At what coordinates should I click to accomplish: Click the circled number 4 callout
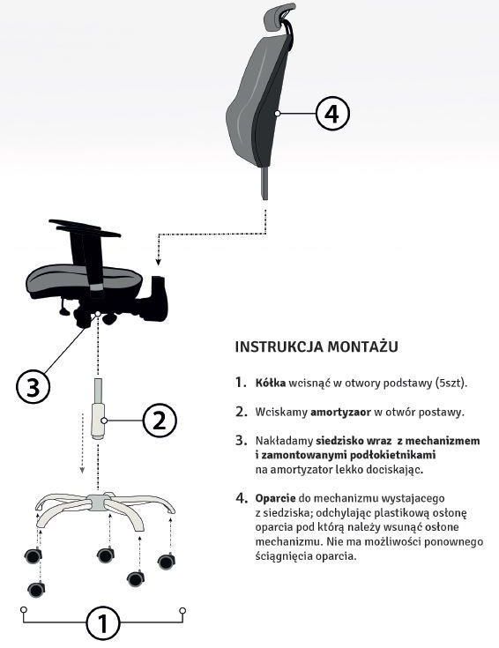(332, 113)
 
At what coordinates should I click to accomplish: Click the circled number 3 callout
(34, 387)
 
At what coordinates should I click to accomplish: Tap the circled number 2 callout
(160, 421)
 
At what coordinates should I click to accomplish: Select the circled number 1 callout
(103, 623)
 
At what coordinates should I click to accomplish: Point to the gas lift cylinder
(98, 408)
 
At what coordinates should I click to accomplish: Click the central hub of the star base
(97, 503)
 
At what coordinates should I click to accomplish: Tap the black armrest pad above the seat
(85, 227)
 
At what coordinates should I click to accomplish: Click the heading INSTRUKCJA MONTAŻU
(317, 346)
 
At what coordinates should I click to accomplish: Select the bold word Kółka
(271, 383)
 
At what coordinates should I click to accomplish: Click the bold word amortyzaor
(340, 412)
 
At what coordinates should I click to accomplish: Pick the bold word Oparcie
(275, 498)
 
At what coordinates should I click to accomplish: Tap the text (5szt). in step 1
(451, 383)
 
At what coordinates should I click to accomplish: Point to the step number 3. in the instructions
(241, 441)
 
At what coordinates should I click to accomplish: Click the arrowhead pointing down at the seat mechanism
(158, 261)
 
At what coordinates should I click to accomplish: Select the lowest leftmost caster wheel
(36, 589)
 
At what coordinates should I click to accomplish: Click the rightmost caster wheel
(167, 562)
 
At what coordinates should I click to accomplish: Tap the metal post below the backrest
(264, 183)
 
